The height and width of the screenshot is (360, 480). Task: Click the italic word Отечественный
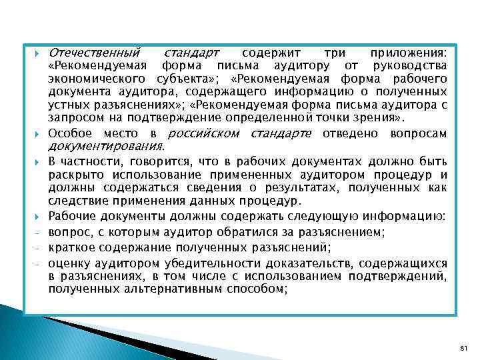(94, 52)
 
